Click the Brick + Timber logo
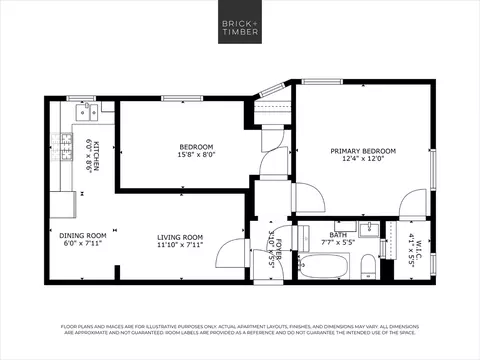(239, 26)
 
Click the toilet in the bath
(368, 265)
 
